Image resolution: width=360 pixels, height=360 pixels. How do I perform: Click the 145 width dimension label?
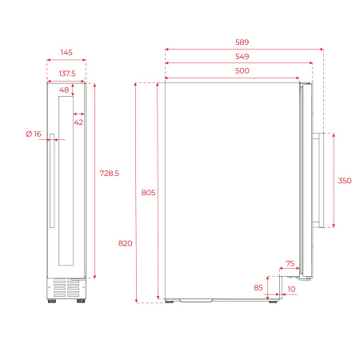coord(66,52)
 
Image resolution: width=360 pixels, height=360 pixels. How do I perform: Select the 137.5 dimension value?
coord(66,74)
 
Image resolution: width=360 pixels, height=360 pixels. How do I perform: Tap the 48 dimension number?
coord(64,90)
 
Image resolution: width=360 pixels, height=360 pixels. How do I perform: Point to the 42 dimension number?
coord(78,122)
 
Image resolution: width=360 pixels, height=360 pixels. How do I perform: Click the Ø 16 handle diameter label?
coord(33,134)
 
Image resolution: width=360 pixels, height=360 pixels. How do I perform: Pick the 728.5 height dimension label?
coord(110,174)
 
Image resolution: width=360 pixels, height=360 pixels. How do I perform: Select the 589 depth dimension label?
coord(242,42)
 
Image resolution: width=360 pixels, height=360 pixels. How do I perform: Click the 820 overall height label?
coord(125,243)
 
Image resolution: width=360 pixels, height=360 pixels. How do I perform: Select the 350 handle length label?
coord(344,181)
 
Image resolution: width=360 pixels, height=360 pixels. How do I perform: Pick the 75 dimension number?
coord(290,263)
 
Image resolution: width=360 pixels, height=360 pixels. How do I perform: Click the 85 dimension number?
coord(258,287)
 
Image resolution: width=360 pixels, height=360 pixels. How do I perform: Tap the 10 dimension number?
coord(290,288)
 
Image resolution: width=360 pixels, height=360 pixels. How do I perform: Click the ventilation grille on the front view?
coord(67,286)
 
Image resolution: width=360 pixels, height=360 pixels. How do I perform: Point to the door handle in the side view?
coord(318,181)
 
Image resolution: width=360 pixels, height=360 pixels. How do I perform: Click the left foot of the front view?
coord(54,301)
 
